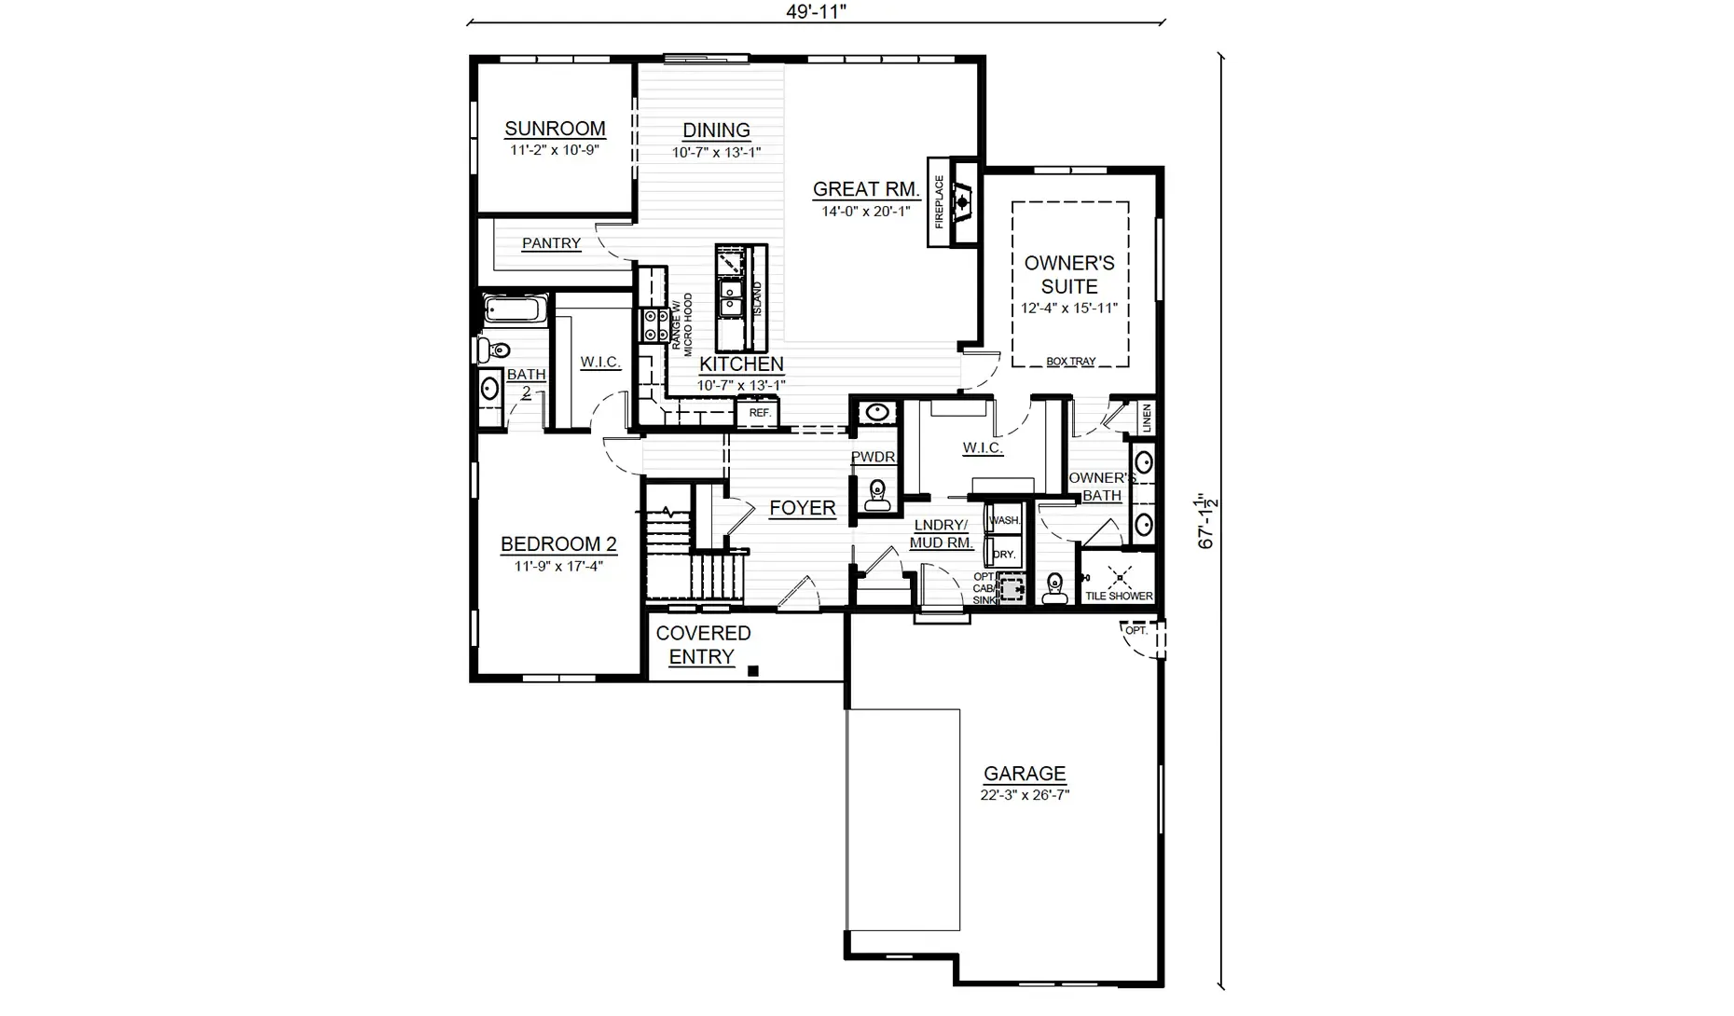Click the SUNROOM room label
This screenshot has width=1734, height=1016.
tap(555, 129)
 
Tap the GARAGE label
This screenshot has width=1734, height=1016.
tap(1025, 774)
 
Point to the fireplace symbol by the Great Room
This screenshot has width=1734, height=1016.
tap(963, 201)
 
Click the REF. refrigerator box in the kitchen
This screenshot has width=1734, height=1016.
tap(759, 413)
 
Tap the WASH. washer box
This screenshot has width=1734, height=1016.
tap(1004, 520)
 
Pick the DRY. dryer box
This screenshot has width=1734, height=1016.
tap(1004, 553)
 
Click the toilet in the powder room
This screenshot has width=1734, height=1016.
tap(876, 495)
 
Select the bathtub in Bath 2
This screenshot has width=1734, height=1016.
tap(516, 309)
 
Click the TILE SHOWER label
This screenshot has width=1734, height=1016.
tap(1119, 596)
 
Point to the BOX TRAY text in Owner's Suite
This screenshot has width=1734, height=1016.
tap(1070, 362)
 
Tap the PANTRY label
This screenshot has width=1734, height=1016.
tap(551, 243)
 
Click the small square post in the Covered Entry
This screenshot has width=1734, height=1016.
tap(753, 670)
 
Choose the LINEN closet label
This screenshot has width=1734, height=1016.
tap(1147, 418)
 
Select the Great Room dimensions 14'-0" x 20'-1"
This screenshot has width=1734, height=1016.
tap(865, 212)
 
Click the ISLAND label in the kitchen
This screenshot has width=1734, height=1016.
tap(757, 298)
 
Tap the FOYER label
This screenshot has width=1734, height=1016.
tap(803, 508)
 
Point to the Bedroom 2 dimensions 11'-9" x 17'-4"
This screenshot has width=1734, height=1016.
tap(558, 566)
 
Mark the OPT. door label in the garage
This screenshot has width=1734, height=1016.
tap(1135, 631)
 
